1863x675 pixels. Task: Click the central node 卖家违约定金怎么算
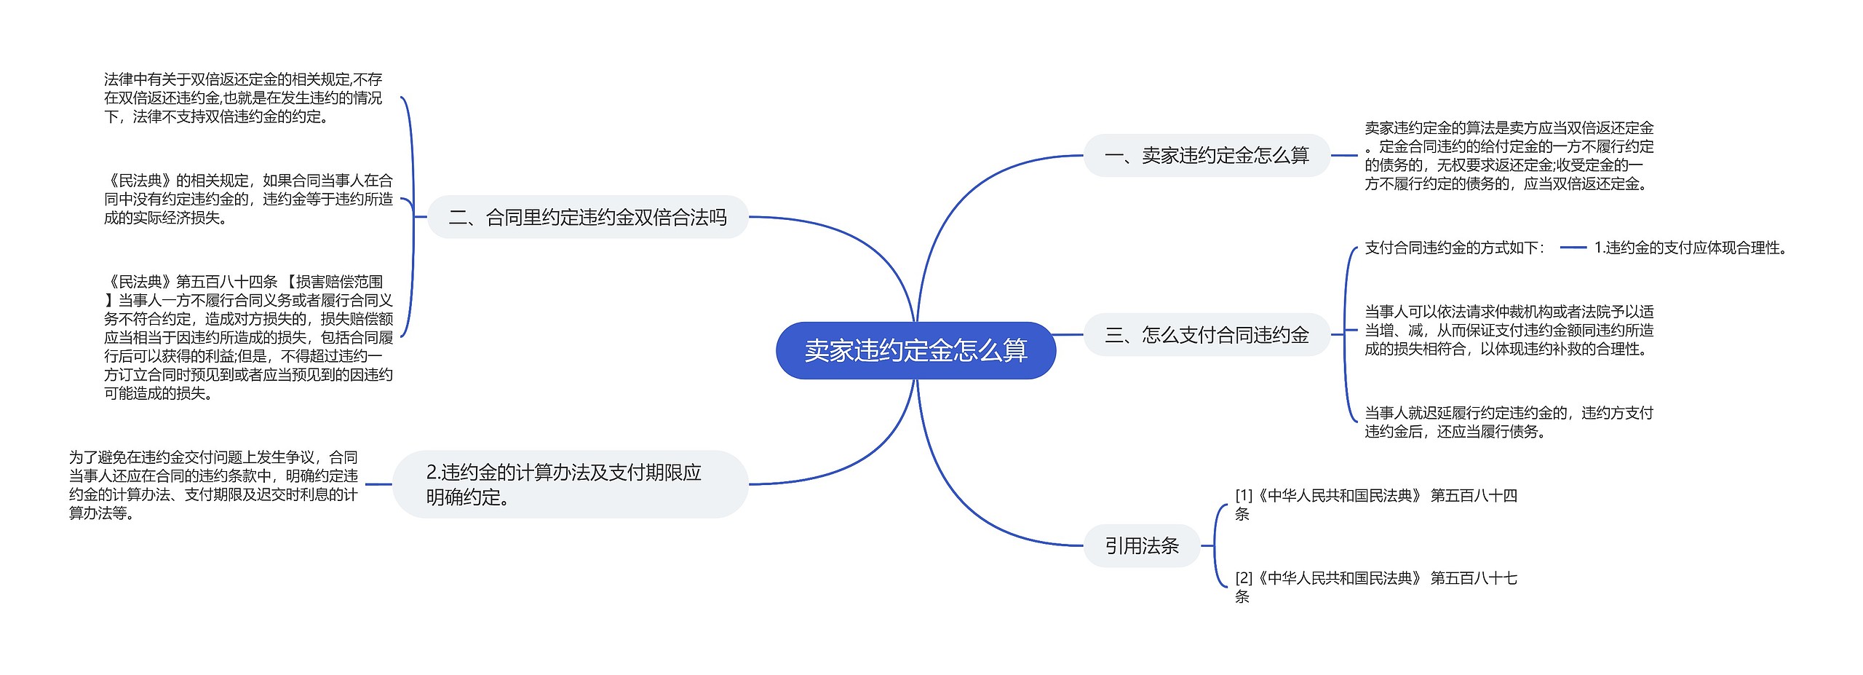pyautogui.click(x=915, y=350)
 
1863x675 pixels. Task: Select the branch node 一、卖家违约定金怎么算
pyautogui.click(x=1207, y=155)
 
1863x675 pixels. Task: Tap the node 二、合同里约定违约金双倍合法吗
pyautogui.click(x=587, y=217)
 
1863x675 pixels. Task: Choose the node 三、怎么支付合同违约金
pyautogui.click(x=1207, y=335)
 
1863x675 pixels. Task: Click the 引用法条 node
pyautogui.click(x=1141, y=545)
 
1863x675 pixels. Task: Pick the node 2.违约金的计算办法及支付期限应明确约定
pyautogui.click(x=570, y=484)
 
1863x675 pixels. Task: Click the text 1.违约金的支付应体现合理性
pyautogui.click(x=1690, y=248)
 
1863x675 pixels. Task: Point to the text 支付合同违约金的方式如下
pyautogui.click(x=1454, y=248)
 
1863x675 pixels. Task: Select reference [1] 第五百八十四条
pyautogui.click(x=1375, y=504)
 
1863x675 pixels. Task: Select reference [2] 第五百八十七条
pyautogui.click(x=1375, y=587)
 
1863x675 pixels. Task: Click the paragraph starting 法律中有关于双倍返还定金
pyautogui.click(x=243, y=98)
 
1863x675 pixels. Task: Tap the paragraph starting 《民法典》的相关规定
pyautogui.click(x=248, y=199)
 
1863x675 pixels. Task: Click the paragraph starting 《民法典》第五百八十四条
pyautogui.click(x=248, y=337)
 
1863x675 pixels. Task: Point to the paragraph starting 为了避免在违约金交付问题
pyautogui.click(x=213, y=485)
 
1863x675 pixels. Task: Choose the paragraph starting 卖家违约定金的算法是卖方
pyautogui.click(x=1509, y=156)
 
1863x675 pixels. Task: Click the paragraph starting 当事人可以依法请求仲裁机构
pyautogui.click(x=1509, y=331)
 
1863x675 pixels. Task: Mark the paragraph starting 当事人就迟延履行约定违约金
pyautogui.click(x=1509, y=422)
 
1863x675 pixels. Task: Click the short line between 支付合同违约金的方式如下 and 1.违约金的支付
pyautogui.click(x=1573, y=248)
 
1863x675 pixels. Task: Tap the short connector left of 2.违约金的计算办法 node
pyautogui.click(x=378, y=484)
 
